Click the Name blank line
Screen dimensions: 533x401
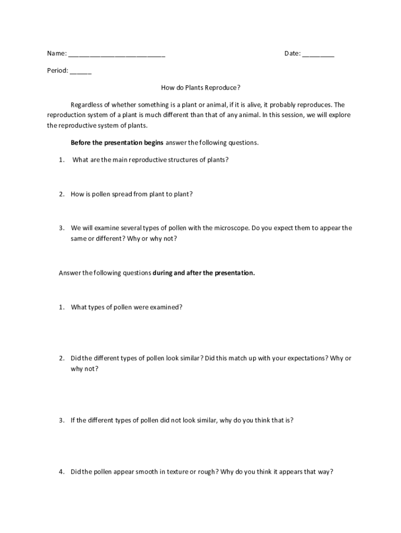point(117,55)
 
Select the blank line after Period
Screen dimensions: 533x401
point(80,72)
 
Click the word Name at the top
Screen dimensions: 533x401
point(56,54)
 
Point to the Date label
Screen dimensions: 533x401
point(292,54)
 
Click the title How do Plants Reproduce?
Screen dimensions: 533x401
point(200,87)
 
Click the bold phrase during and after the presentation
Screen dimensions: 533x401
point(204,273)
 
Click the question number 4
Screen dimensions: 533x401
point(61,472)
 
